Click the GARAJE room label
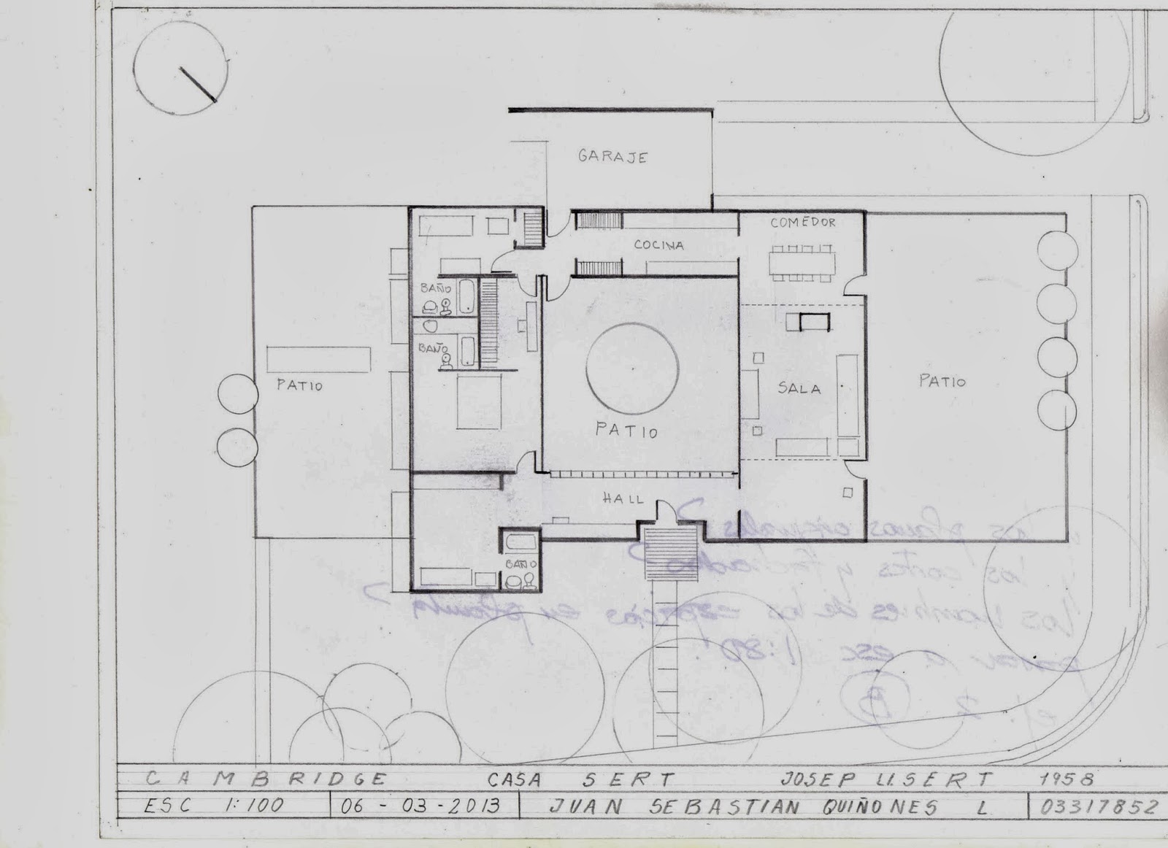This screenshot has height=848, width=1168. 612,157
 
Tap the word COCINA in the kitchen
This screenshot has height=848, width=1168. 658,245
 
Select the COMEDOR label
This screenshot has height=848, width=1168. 803,223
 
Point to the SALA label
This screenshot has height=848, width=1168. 799,388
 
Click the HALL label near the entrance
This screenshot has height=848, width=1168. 623,499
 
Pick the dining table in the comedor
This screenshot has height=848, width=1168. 801,261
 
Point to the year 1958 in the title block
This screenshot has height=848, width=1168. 1067,779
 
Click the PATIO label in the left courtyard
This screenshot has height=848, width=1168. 299,385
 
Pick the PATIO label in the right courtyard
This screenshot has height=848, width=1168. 942,381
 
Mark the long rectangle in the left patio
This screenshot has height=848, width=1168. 318,359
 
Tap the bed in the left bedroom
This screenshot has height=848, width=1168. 477,405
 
